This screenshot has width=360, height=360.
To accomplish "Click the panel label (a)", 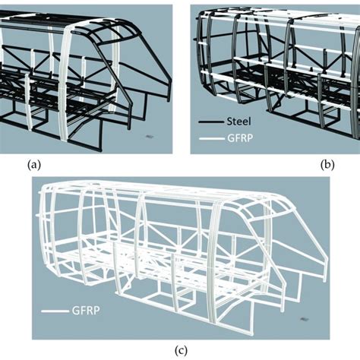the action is [x=33, y=166].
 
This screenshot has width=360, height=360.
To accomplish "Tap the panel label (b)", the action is [x=327, y=166].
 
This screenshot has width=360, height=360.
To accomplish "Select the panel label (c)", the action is [x=182, y=351].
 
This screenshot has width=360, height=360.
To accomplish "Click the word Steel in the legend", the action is [x=238, y=122].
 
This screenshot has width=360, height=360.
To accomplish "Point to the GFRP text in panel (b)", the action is [x=240, y=138].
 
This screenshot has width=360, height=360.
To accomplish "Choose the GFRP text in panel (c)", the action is [x=86, y=311].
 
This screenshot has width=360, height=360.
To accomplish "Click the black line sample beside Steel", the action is [x=211, y=122].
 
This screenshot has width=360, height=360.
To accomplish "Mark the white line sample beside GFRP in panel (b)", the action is [x=212, y=138].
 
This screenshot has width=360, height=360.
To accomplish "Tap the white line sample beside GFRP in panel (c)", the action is [x=55, y=311].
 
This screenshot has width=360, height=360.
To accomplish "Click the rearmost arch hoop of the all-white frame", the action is [x=43, y=228].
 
